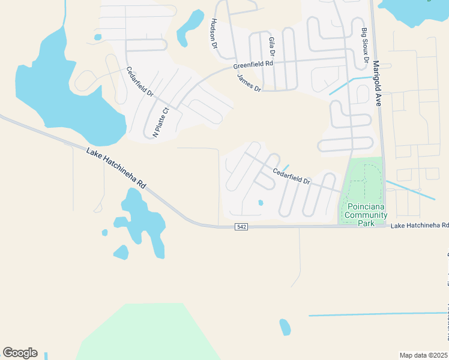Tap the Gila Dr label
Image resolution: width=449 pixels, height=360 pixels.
pyautogui.click(x=272, y=46)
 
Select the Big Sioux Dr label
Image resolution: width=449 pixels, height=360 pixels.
pyautogui.click(x=364, y=46)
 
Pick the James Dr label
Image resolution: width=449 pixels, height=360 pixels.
pyautogui.click(x=249, y=82)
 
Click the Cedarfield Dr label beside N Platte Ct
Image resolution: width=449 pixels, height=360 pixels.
pyautogui.click(x=140, y=82)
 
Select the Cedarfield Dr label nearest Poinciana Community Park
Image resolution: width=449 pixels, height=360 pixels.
pyautogui.click(x=291, y=176)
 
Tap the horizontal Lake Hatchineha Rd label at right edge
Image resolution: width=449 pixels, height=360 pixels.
pyautogui.click(x=420, y=226)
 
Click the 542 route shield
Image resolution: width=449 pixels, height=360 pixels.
pyautogui.click(x=241, y=227)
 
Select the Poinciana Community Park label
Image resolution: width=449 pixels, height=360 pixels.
pyautogui.click(x=365, y=214)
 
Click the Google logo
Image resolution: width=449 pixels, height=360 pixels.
pyautogui.click(x=20, y=353)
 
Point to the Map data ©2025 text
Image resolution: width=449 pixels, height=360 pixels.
pyautogui.click(x=423, y=355)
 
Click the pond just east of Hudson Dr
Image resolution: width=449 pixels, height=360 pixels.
pyautogui.click(x=191, y=26)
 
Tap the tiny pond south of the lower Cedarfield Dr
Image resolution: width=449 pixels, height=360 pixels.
pyautogui.click(x=261, y=203)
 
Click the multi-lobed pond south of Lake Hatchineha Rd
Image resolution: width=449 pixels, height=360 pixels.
pyautogui.click(x=140, y=222)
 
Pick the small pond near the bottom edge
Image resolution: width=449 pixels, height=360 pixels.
pyautogui.click(x=285, y=327)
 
